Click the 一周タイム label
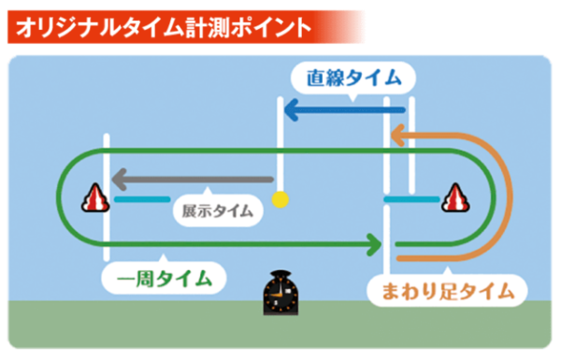(165, 279)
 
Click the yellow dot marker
(278, 198)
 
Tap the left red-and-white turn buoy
(97, 197)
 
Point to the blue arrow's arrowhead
(291, 112)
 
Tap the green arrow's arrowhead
(375, 245)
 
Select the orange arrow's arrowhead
(398, 138)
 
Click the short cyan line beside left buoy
(137, 198)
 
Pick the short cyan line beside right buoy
(410, 198)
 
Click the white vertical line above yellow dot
(278, 140)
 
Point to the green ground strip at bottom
(140, 332)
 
